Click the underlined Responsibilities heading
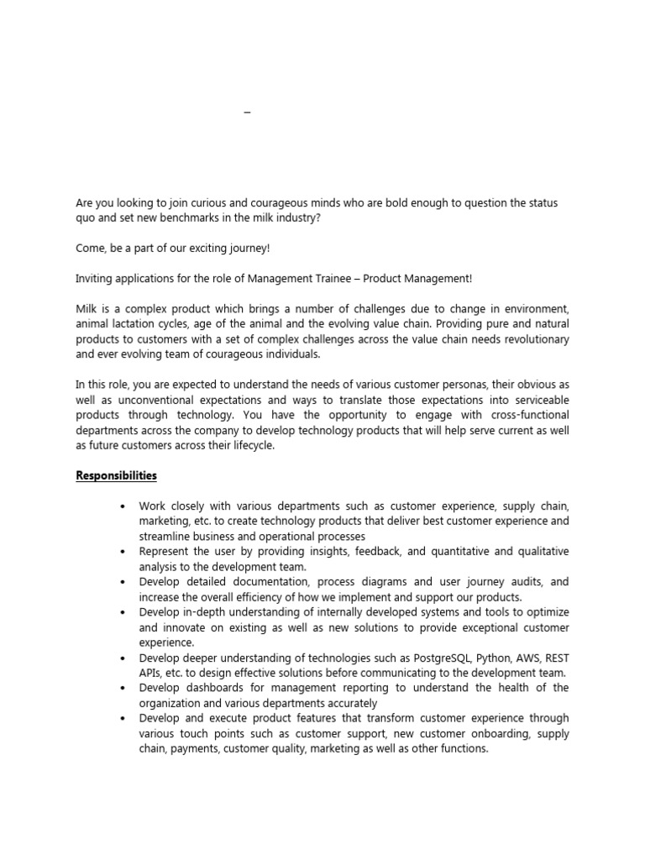116,475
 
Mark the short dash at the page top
247,112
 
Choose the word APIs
153,673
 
